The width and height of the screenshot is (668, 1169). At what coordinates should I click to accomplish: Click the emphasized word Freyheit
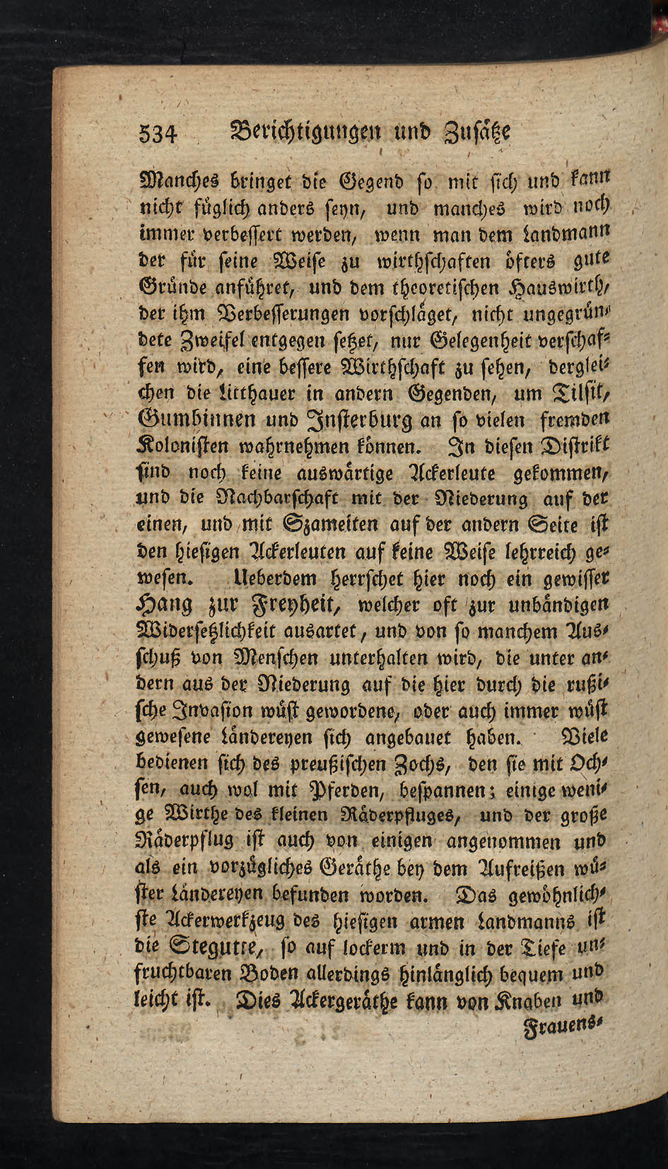pyautogui.click(x=295, y=605)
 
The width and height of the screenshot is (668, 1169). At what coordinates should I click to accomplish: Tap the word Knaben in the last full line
pyautogui.click(x=544, y=1001)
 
